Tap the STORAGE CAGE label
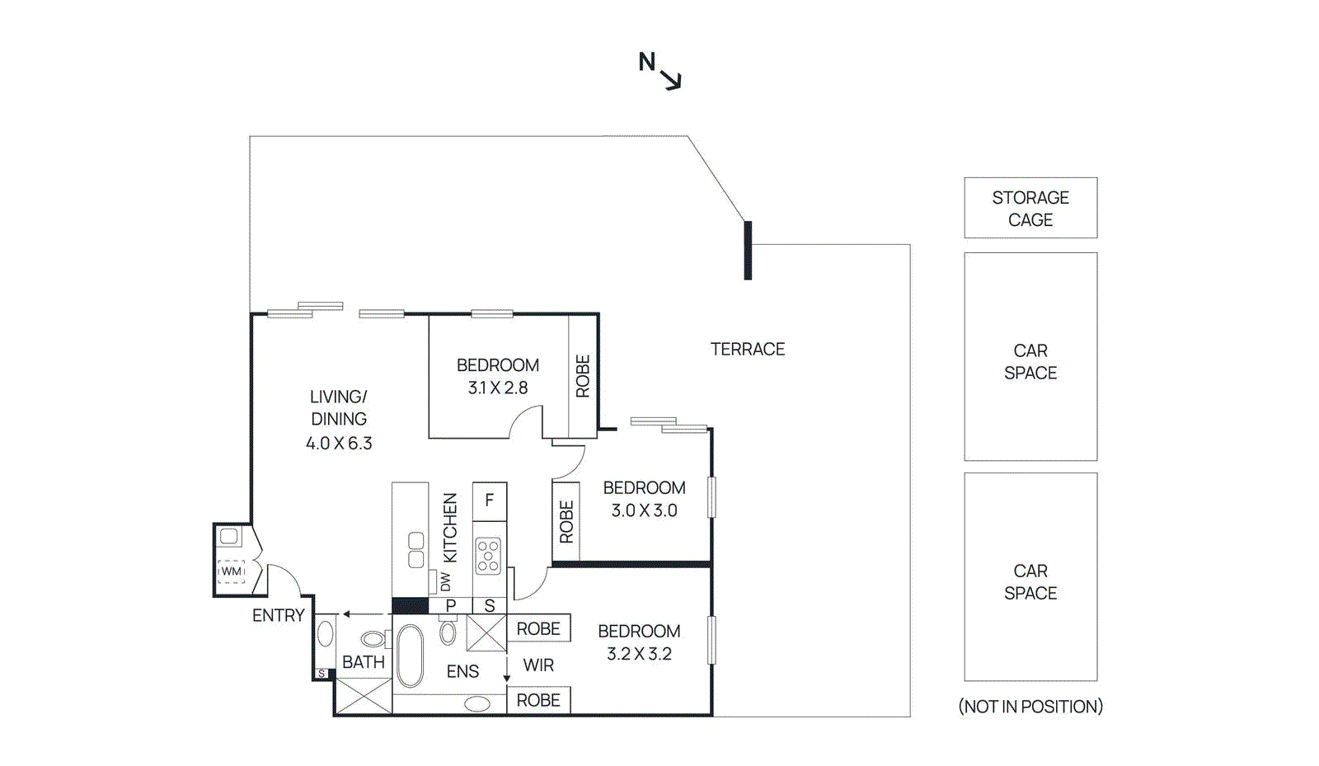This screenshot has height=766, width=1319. [x=1030, y=209]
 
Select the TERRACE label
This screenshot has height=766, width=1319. [x=747, y=349]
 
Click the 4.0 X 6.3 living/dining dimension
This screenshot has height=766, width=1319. [x=339, y=443]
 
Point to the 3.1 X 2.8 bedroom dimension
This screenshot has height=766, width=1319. [x=498, y=388]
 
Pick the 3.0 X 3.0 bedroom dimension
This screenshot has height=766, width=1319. [x=644, y=510]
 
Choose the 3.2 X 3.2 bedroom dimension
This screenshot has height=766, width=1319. [x=639, y=654]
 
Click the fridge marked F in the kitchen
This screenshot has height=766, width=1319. [x=490, y=501]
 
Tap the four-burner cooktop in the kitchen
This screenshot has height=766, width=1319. [x=488, y=555]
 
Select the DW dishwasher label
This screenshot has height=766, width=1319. [x=445, y=581]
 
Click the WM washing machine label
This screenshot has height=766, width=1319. [x=231, y=571]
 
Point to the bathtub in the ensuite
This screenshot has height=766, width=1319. [x=410, y=656]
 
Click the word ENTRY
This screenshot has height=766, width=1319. [x=279, y=615]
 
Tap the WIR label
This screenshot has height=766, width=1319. [x=538, y=665]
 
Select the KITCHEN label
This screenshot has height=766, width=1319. [x=450, y=528]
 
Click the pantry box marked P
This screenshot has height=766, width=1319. [x=450, y=605]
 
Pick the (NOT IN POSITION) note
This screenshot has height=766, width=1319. [x=1030, y=706]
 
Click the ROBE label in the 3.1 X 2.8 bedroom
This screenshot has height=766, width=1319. [x=582, y=376]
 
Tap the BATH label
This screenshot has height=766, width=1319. [x=364, y=662]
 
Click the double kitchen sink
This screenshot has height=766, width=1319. [x=415, y=550]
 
